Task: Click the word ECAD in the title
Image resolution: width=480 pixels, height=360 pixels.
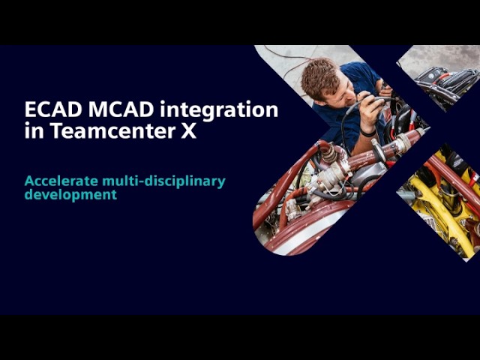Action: click(53, 109)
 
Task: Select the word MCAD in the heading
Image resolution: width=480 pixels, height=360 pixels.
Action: click(121, 109)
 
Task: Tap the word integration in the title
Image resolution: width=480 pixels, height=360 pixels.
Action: click(219, 110)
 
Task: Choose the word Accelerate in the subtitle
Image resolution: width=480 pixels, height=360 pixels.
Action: click(61, 181)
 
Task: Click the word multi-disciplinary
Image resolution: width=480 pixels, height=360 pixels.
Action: click(163, 181)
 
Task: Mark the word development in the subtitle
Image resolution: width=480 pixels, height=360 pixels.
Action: click(70, 195)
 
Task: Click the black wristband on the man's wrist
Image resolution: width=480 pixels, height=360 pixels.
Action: click(367, 133)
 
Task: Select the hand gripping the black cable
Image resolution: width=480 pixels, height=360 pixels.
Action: click(371, 111)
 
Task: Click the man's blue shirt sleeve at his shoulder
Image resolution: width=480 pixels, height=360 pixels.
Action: click(361, 73)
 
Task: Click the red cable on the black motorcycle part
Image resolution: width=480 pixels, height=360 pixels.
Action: click(445, 76)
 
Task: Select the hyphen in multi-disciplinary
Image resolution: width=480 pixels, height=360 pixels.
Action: click(141, 182)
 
